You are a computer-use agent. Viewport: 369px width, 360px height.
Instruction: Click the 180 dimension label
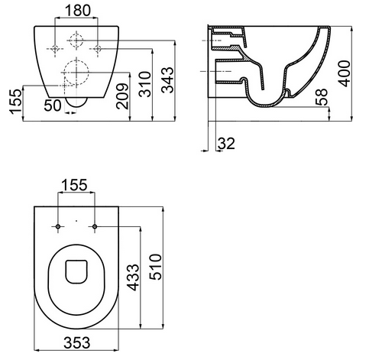[78, 11]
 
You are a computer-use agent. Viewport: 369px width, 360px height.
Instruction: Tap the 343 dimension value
[168, 80]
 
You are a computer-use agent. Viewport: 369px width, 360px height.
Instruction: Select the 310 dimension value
[145, 84]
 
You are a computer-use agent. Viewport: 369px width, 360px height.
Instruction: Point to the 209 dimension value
[122, 96]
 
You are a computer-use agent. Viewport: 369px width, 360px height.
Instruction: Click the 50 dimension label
[53, 105]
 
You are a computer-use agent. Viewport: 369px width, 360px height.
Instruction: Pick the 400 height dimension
[344, 73]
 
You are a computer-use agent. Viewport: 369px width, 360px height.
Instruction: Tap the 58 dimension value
[321, 96]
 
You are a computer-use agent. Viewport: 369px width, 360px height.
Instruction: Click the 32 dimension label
[226, 143]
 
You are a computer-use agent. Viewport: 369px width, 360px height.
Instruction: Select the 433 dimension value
[133, 277]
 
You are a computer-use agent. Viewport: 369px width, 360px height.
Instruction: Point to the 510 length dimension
[155, 267]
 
